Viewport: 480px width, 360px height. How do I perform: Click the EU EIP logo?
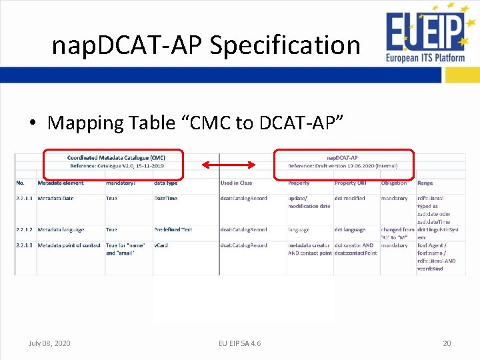[425, 37]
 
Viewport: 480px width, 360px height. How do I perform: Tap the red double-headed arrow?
[229, 165]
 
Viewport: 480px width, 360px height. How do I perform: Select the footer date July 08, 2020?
[49, 343]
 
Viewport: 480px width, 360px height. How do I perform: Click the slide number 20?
[447, 343]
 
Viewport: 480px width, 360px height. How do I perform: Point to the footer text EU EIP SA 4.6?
[240, 343]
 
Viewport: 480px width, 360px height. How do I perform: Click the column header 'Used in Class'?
[236, 183]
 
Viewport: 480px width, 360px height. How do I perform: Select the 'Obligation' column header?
[394, 183]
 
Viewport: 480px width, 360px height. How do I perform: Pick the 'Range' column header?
[425, 183]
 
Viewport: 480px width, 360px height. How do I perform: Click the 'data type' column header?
[165, 183]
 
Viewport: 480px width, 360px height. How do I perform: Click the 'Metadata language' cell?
[61, 229]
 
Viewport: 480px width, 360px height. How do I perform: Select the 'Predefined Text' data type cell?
[173, 229]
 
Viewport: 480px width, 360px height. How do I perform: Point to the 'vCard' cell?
[161, 245]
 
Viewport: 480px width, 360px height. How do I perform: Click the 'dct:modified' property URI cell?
[350, 198]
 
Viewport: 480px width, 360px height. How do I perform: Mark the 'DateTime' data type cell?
[167, 198]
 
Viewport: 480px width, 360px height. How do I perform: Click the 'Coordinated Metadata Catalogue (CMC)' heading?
[117, 157]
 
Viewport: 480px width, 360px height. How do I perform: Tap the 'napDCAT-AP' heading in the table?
[343, 157]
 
